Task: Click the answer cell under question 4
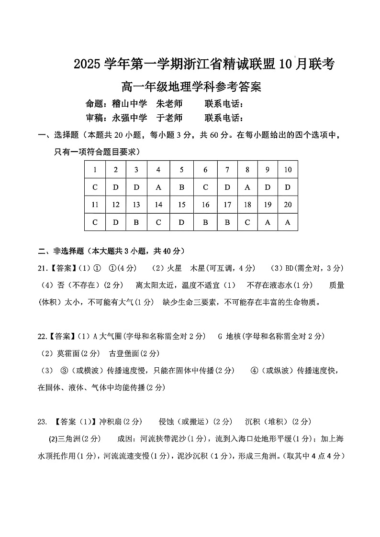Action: pos(158,187)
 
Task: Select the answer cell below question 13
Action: pos(136,222)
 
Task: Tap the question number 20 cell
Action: pos(288,205)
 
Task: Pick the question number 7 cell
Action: pos(227,170)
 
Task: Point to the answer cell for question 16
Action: pos(206,222)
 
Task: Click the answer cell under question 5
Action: pos(182,187)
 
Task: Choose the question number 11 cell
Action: pos(95,205)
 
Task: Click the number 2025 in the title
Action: pos(88,64)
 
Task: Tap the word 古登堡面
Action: pos(123,353)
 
